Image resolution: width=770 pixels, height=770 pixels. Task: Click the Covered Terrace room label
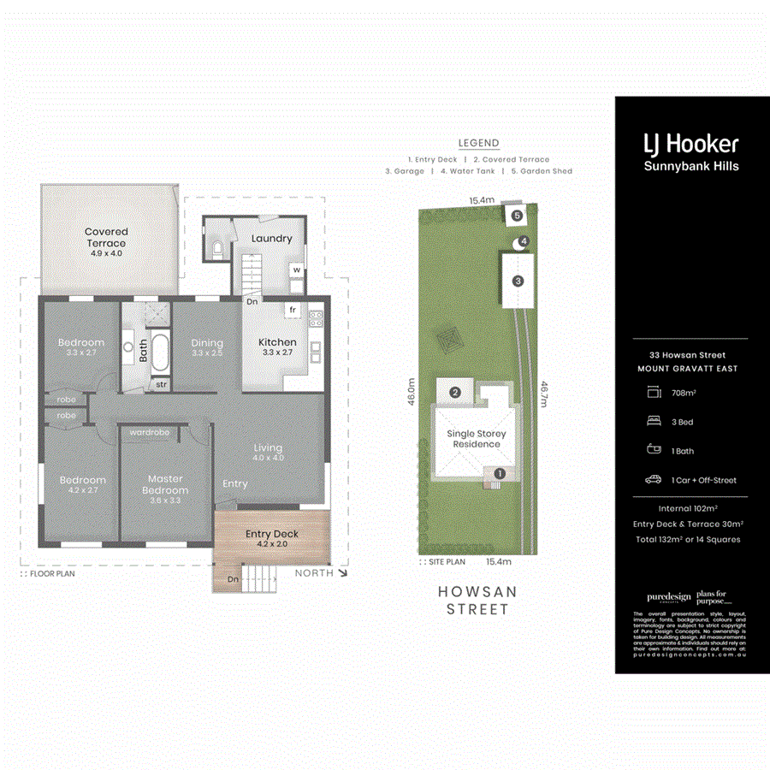pyautogui.click(x=106, y=237)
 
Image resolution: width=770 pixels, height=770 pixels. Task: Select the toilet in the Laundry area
pyautogui.click(x=216, y=250)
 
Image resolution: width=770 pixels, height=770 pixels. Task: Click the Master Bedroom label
pyautogui.click(x=165, y=484)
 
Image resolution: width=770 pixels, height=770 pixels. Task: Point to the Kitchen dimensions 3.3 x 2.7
pyautogui.click(x=277, y=352)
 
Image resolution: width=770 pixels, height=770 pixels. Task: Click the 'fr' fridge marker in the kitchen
pyautogui.click(x=293, y=310)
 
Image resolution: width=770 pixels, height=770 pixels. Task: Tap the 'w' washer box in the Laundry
pyautogui.click(x=297, y=270)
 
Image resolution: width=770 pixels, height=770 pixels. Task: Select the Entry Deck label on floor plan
pyautogui.click(x=272, y=534)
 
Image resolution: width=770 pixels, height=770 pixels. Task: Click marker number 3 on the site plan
pyautogui.click(x=518, y=281)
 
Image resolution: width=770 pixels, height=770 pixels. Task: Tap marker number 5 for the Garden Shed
pyautogui.click(x=517, y=216)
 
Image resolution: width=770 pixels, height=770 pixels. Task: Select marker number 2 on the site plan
pyautogui.click(x=455, y=393)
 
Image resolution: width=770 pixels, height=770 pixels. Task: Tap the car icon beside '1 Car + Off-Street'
pyautogui.click(x=654, y=480)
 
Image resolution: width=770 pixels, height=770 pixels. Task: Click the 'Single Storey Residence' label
pyautogui.click(x=477, y=439)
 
